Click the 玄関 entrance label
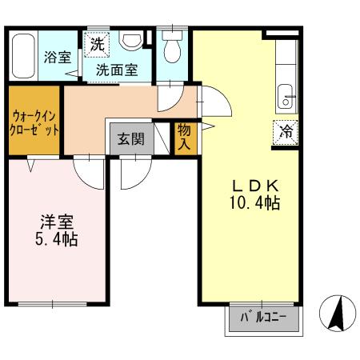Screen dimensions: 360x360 pyautogui.click(x=130, y=138)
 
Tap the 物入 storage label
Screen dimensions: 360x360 pyautogui.click(x=183, y=138)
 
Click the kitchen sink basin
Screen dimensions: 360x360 pyautogui.click(x=285, y=100)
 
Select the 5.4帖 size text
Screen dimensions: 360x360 pyautogui.click(x=55, y=238)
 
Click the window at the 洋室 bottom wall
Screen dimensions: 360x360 pyautogui.click(x=54, y=304)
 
